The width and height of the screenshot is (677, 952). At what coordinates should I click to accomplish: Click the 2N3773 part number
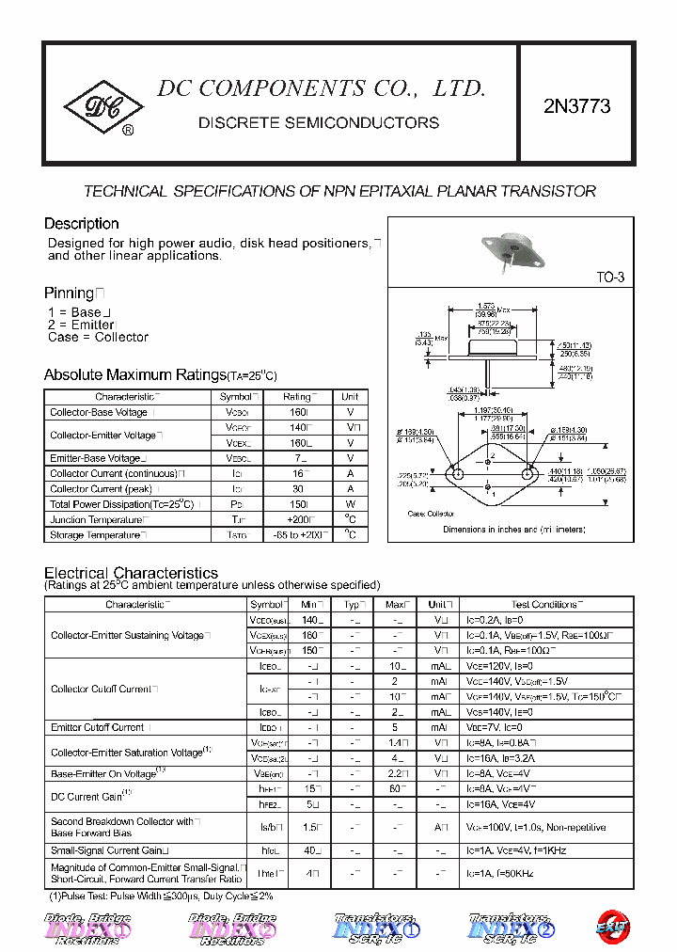tap(576, 107)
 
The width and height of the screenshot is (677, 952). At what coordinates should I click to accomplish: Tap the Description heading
tap(82, 224)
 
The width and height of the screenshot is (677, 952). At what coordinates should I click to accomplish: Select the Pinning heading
tap(71, 293)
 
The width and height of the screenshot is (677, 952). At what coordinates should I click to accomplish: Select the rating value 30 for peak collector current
tap(297, 489)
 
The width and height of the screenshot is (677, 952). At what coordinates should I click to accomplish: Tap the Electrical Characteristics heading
tap(131, 573)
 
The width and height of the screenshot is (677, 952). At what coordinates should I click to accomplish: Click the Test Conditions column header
tap(545, 604)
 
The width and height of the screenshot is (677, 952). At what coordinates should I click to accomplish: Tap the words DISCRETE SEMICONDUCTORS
tap(319, 123)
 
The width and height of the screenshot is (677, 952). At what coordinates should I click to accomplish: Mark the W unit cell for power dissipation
tap(350, 504)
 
